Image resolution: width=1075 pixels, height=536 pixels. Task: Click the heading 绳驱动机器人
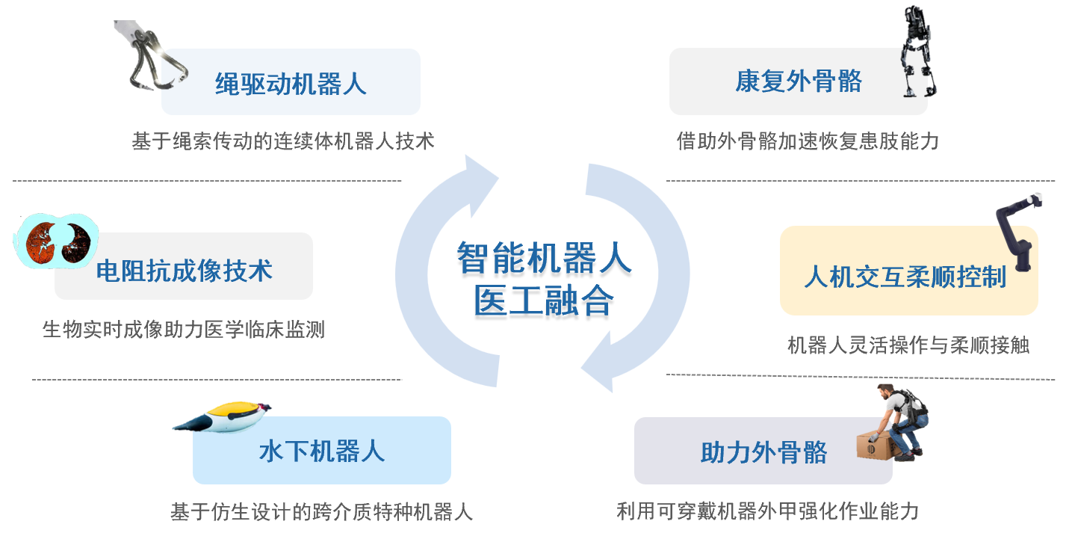[x=291, y=83]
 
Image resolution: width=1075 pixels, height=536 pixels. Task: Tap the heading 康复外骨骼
[x=799, y=81]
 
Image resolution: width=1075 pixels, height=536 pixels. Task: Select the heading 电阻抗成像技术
[x=184, y=271]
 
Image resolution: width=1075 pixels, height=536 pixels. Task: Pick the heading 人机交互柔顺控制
[x=905, y=277]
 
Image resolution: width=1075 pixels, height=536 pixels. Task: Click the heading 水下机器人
[x=321, y=452]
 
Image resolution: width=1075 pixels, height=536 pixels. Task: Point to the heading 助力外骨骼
[x=763, y=452]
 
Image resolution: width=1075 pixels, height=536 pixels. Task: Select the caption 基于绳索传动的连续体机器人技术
[x=283, y=141]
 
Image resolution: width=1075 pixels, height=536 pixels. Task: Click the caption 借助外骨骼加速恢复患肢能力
[x=808, y=141]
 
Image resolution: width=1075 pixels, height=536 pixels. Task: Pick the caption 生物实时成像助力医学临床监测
[x=184, y=330]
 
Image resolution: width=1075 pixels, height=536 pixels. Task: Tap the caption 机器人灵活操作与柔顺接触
[x=908, y=345]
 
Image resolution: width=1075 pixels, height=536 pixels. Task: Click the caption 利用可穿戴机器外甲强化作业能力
[x=767, y=511]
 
